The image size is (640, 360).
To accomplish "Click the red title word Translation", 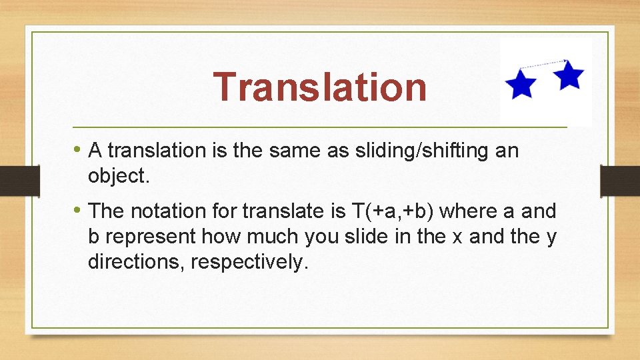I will click(320, 87).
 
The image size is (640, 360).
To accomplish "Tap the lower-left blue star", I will click(521, 85).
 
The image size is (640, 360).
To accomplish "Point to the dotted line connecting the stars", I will click(543, 64).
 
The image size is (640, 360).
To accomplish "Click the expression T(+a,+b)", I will click(392, 211).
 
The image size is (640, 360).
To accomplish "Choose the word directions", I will click(136, 262).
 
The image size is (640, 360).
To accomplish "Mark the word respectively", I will click(250, 262).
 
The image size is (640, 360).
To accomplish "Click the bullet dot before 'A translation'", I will click(79, 149).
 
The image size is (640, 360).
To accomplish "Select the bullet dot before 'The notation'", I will click(79, 210).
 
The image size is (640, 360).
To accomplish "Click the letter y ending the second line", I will click(551, 237).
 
